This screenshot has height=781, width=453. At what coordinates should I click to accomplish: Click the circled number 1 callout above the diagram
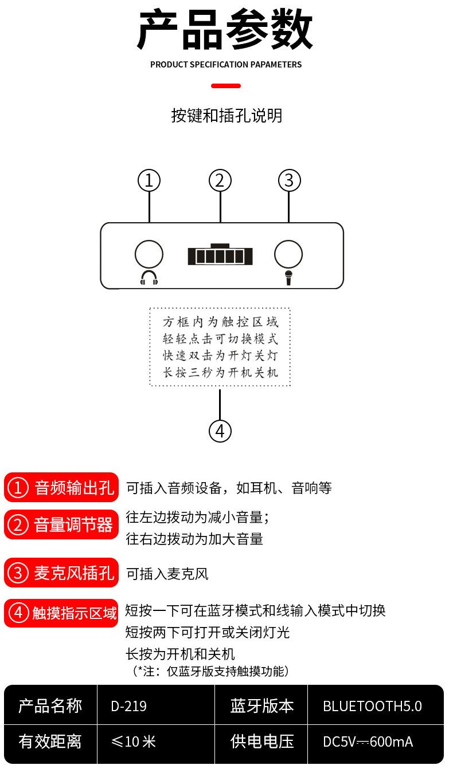(149, 180)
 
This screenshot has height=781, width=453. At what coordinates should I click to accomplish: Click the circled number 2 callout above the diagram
(220, 180)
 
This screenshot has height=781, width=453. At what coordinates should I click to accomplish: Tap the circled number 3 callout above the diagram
(289, 180)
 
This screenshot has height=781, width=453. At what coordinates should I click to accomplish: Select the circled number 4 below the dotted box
(220, 431)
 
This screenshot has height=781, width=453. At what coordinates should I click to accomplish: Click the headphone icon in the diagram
(149, 278)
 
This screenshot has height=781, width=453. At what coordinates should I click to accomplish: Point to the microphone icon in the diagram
(288, 278)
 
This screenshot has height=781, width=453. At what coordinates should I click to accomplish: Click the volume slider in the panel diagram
(220, 255)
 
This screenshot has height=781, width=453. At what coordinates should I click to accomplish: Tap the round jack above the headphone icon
(149, 254)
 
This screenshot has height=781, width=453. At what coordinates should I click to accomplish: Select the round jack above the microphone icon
(288, 254)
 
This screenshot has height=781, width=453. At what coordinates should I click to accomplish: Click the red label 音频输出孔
(61, 488)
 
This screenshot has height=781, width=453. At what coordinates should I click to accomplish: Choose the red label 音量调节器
(61, 524)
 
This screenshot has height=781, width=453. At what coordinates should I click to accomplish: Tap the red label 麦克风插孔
(61, 573)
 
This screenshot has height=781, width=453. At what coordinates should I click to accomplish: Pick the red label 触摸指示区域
(61, 613)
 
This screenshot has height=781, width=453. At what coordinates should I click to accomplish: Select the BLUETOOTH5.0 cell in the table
(372, 706)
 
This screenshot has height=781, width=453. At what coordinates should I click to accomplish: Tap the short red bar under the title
(226, 86)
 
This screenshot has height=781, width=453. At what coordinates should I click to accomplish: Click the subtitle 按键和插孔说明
(226, 116)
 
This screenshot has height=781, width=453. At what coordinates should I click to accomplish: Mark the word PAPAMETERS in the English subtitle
(276, 65)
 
